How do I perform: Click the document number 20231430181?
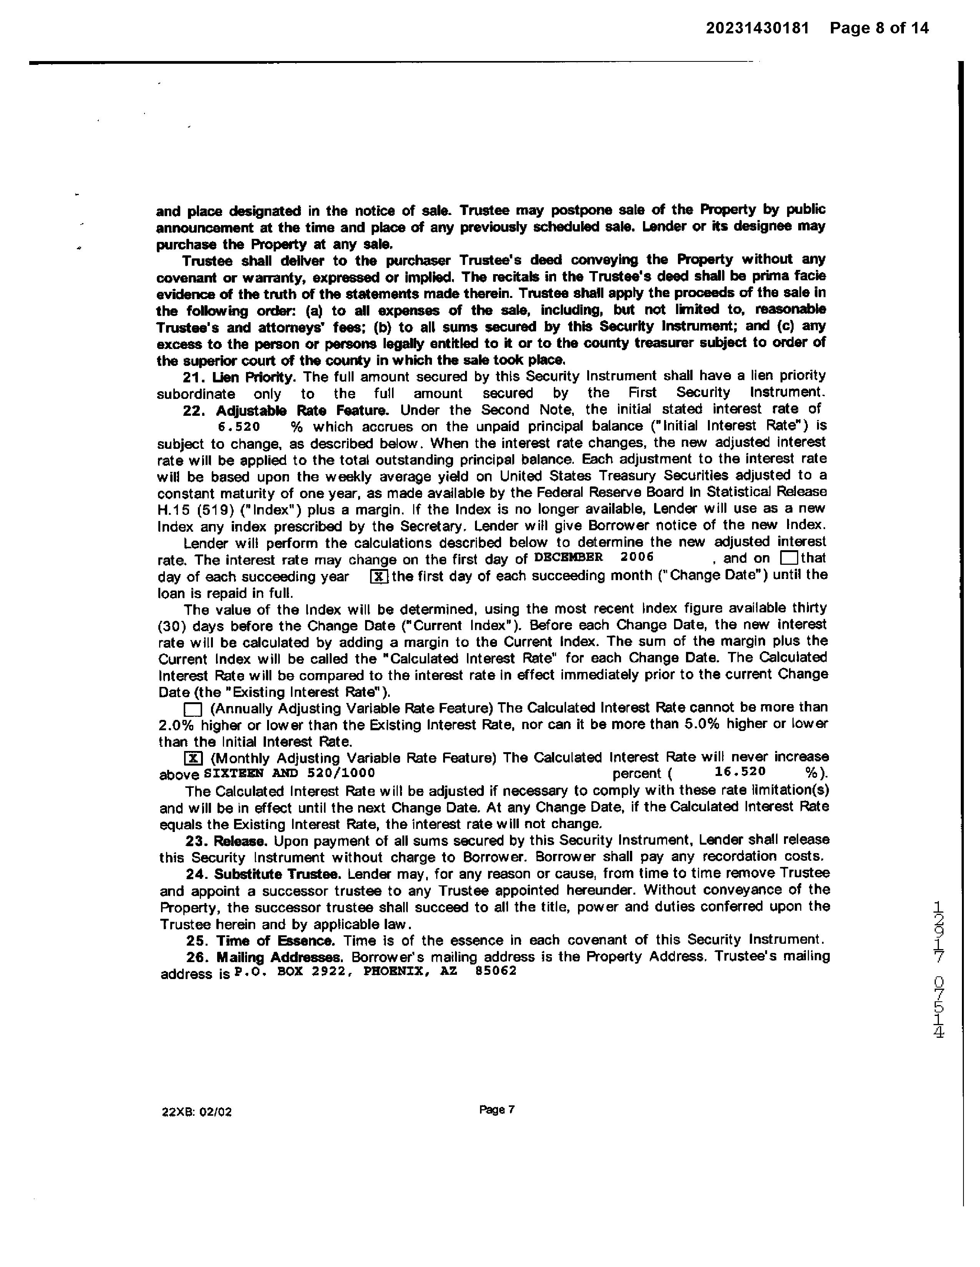(757, 28)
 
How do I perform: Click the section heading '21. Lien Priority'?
(239, 377)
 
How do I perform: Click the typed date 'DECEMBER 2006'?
(594, 557)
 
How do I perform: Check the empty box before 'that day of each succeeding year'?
(789, 558)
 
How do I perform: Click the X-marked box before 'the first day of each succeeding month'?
(379, 577)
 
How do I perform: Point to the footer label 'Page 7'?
(497, 1110)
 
